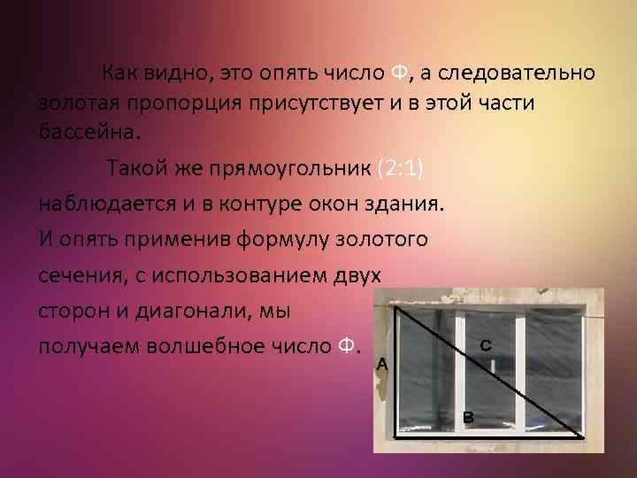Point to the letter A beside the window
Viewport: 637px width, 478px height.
pyautogui.click(x=381, y=364)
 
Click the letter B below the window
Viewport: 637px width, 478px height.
pyautogui.click(x=468, y=416)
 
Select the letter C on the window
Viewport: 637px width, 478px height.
pyautogui.click(x=486, y=344)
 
